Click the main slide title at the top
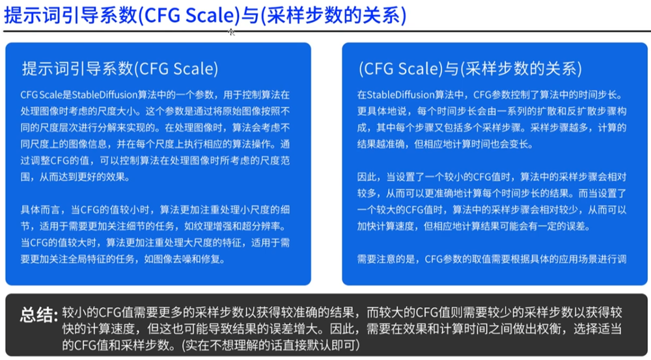point(205,16)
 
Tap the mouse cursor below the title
point(231,32)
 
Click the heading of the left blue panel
point(120,68)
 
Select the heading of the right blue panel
point(471,68)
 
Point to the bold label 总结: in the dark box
point(38,315)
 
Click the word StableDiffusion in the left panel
point(105,94)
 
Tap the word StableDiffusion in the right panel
point(400,94)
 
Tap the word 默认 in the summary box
point(316,344)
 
